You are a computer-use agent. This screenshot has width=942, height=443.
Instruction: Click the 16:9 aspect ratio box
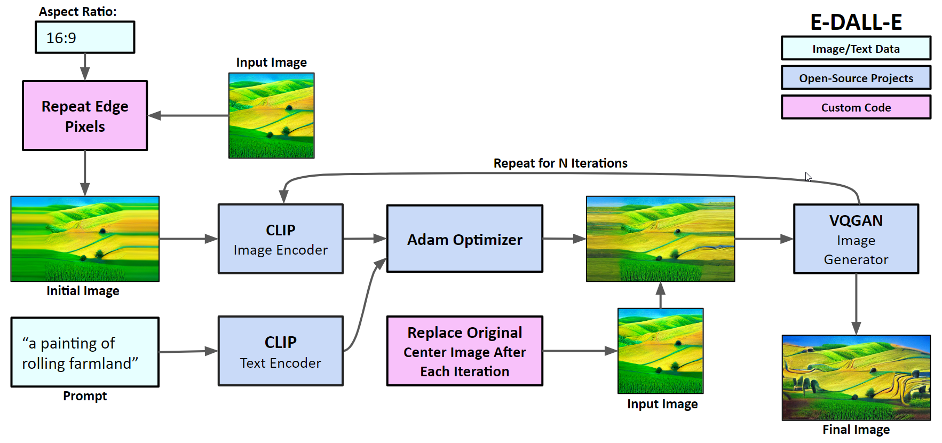coord(85,37)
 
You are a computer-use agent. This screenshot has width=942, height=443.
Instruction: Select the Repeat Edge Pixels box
coord(85,116)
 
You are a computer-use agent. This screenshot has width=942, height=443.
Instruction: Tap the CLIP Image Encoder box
coord(281,239)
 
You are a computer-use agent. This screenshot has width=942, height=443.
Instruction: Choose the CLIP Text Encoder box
coord(281,351)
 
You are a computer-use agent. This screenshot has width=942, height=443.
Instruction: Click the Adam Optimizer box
coord(465,239)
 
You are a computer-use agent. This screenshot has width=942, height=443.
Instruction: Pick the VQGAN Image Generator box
coord(856,239)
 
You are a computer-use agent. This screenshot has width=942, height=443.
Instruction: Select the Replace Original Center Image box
coord(465,351)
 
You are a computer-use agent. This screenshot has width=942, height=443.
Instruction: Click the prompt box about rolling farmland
coord(85,352)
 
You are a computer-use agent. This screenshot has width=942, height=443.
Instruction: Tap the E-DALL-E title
coord(856,22)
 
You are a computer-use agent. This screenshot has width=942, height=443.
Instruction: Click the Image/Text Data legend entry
coord(856,49)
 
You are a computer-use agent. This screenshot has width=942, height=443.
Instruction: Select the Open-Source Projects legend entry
coord(856,78)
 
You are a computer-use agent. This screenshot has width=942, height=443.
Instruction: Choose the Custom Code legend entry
coord(856,107)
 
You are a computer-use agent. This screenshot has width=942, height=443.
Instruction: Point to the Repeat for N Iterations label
coord(560,163)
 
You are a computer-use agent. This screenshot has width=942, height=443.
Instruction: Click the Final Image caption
coord(856,430)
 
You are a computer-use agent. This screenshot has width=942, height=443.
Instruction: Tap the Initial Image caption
coord(83,291)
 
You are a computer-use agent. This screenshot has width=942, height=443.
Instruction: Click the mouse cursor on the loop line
coord(808,177)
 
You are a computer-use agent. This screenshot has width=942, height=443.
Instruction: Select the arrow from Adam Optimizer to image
coord(565,239)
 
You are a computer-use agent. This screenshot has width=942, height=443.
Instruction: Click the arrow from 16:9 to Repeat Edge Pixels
coord(85,67)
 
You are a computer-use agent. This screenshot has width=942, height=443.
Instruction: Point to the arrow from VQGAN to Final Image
coord(856,304)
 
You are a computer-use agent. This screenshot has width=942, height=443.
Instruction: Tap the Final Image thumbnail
coord(856,378)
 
